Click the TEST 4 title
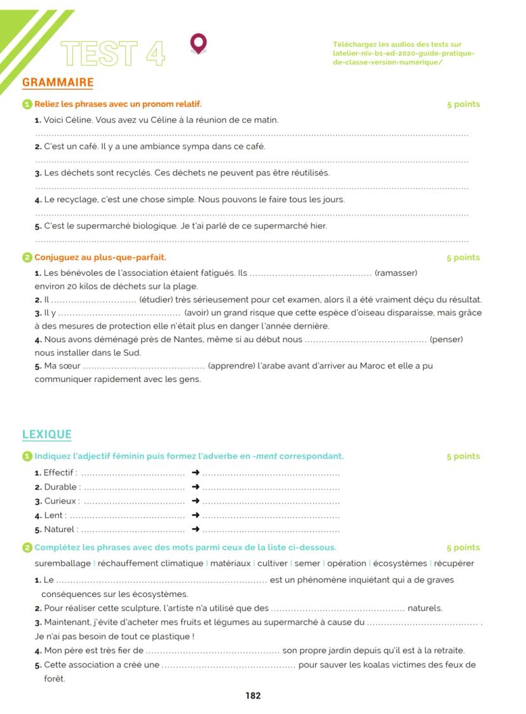(x=113, y=53)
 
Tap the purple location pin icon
(x=198, y=44)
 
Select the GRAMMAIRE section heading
(x=58, y=82)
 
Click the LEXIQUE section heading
(x=47, y=434)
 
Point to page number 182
(x=253, y=696)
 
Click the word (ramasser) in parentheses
(x=396, y=273)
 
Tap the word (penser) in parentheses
(x=446, y=340)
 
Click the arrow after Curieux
(x=196, y=501)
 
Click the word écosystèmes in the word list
(x=400, y=563)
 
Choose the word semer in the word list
(x=307, y=563)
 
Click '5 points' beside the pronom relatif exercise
(x=463, y=104)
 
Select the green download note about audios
(x=403, y=53)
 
